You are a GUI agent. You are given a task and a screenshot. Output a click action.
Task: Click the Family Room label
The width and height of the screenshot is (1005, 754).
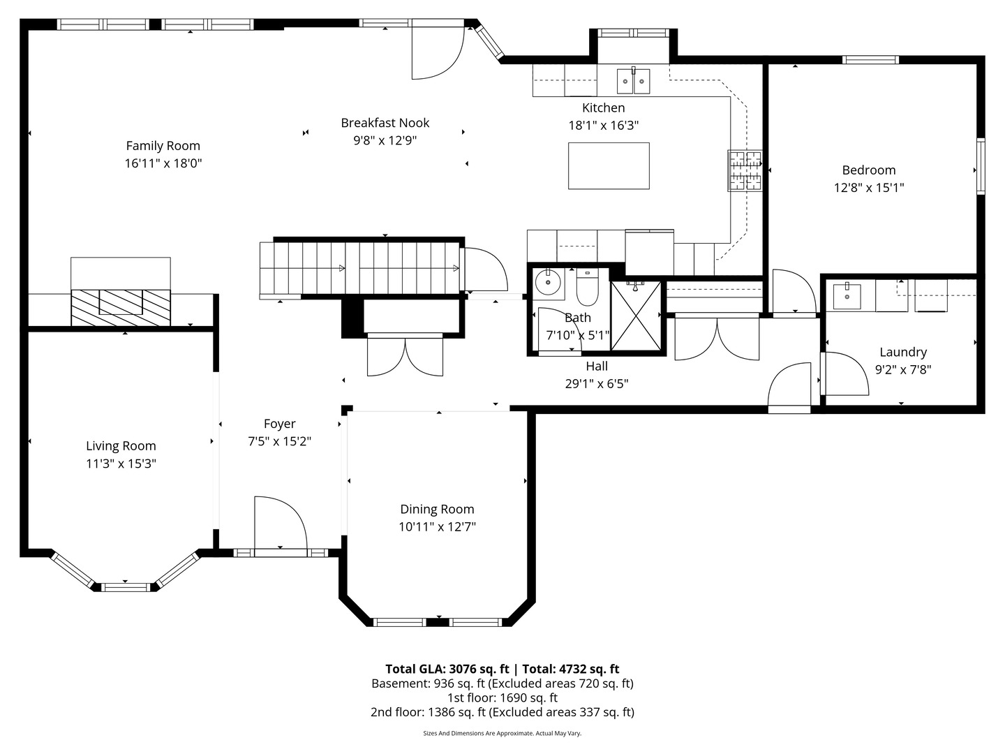(163, 146)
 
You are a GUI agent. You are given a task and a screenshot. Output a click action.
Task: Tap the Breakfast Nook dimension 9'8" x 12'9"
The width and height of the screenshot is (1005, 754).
(385, 140)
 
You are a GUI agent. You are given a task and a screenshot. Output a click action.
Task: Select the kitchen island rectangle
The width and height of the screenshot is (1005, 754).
(609, 165)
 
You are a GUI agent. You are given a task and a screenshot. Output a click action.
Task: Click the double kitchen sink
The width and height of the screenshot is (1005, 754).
(633, 81)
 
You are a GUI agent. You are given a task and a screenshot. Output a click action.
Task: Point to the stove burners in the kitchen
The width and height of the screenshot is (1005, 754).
(745, 171)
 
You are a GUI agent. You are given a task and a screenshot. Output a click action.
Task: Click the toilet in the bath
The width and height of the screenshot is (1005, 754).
(587, 287)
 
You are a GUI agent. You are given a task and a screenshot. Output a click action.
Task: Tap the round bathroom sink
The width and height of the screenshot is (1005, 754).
(548, 283)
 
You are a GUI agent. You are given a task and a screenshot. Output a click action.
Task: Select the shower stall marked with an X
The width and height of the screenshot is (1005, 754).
(636, 316)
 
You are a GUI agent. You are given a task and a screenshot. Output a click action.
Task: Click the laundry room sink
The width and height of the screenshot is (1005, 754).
(847, 296)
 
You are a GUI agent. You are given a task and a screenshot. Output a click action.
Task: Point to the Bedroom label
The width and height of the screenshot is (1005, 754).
(869, 170)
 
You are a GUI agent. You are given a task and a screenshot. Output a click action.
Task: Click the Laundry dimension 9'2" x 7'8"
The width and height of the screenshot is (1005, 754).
(903, 369)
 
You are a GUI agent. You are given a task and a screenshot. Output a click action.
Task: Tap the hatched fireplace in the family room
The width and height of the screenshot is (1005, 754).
(121, 308)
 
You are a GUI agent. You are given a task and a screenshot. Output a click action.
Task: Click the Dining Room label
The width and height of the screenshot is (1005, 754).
(437, 509)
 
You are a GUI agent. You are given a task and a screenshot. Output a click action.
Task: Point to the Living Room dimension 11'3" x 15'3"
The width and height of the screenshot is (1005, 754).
(121, 464)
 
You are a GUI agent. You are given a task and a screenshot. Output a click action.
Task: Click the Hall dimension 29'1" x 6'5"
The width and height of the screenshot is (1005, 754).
(597, 383)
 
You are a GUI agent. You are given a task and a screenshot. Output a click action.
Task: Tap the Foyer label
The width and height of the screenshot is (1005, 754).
(279, 424)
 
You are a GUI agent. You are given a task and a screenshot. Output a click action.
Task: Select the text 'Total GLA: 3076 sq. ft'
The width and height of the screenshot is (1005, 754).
(447, 669)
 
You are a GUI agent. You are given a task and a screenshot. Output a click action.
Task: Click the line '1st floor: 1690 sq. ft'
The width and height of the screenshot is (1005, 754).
(502, 697)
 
